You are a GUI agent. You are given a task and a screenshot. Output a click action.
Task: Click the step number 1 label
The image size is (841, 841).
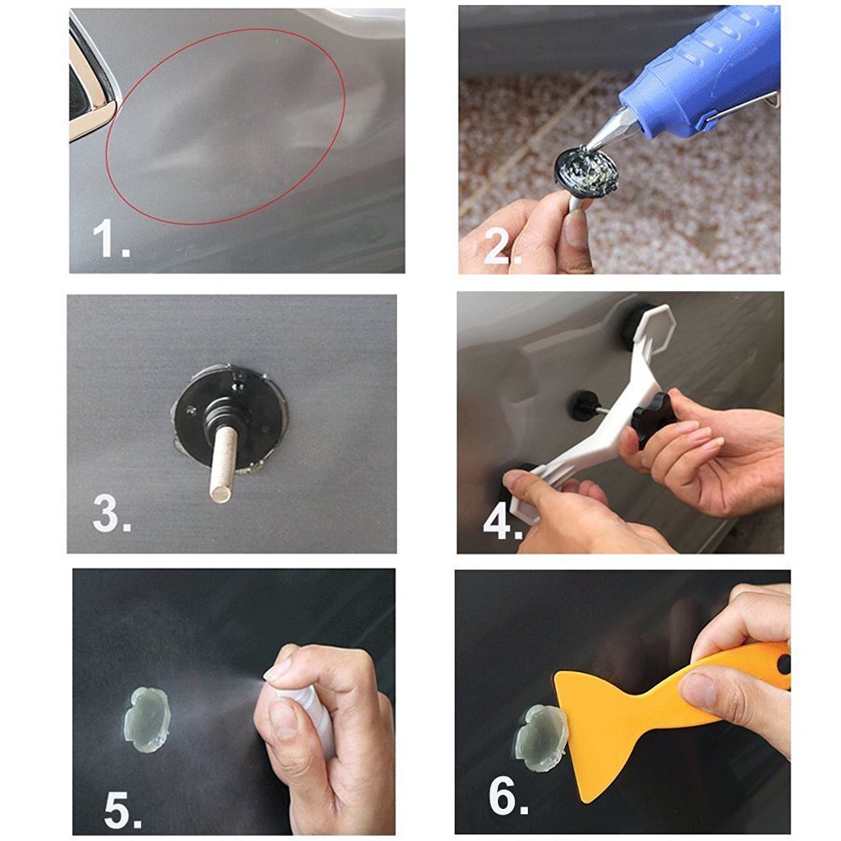[x=112, y=239]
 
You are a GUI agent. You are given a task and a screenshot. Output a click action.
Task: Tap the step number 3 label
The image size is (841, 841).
[x=112, y=513]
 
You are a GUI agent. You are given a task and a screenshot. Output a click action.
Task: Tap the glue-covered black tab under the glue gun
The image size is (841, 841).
[x=587, y=171]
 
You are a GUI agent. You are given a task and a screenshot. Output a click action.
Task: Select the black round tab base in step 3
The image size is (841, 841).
[x=229, y=417]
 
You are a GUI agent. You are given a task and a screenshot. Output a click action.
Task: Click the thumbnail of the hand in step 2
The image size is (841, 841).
[x=577, y=227]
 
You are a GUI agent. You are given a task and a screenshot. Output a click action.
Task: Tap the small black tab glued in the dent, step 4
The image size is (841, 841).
[x=583, y=406]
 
